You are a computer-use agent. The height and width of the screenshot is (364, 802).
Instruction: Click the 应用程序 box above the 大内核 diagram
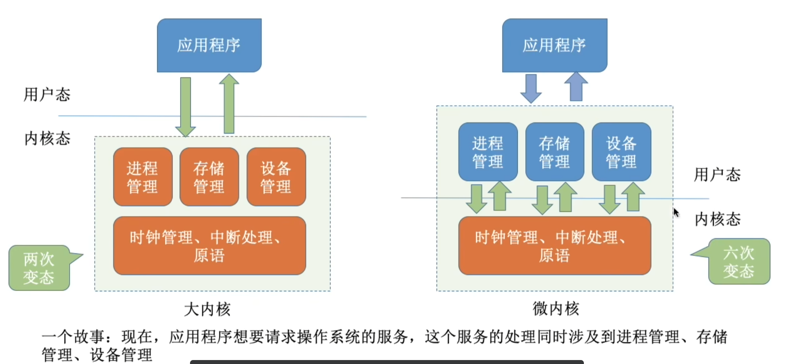[209, 45]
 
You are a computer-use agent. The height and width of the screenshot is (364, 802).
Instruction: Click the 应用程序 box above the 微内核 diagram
[555, 45]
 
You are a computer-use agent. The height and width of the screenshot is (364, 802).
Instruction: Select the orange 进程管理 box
[143, 177]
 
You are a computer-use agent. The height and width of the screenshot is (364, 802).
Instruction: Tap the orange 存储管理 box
[209, 177]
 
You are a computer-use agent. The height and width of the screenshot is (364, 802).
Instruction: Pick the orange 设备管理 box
[276, 177]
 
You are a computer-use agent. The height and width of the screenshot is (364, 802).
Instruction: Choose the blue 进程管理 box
[488, 152]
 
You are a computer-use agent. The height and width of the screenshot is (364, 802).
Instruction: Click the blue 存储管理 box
[555, 152]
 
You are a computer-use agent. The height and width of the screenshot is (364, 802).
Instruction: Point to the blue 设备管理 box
[621, 152]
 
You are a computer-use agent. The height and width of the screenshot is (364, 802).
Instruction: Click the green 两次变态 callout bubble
[40, 268]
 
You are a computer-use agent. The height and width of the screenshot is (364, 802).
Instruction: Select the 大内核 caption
[207, 309]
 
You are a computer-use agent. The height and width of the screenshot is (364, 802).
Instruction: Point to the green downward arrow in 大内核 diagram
[185, 107]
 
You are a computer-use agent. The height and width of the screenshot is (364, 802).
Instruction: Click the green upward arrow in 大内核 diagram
[229, 104]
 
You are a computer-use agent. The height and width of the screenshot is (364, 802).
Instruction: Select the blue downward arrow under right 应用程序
[531, 89]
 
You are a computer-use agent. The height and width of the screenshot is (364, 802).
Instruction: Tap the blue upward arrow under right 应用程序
[576, 86]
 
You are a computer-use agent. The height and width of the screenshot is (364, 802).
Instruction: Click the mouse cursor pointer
[676, 212]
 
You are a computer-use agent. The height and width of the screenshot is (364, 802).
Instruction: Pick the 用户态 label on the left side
[47, 95]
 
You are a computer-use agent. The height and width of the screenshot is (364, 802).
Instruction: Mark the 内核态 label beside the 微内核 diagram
[718, 219]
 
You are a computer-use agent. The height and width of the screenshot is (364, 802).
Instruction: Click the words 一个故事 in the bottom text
[73, 337]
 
